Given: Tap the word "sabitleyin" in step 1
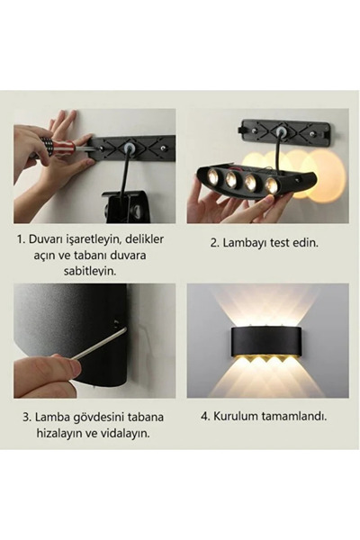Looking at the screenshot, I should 95,271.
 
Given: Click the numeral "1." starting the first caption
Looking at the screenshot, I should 21,240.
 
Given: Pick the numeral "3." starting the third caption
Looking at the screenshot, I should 26,417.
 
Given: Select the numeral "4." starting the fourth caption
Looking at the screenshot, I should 204,417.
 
